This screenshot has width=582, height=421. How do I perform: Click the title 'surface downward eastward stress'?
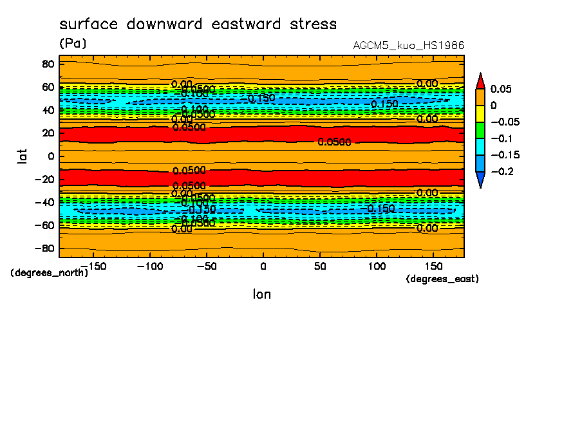point(198,24)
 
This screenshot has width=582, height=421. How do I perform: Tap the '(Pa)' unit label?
point(73,44)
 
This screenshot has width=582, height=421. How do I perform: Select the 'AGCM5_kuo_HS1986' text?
point(409,46)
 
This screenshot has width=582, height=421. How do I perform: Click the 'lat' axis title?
point(23,156)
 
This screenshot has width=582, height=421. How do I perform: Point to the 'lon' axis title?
point(261,294)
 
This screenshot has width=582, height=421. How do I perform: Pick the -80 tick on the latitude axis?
point(45,248)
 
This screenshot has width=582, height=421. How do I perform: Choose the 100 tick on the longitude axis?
point(377,265)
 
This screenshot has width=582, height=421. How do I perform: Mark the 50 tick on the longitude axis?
point(320,265)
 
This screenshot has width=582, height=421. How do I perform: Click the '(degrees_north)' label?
point(50,273)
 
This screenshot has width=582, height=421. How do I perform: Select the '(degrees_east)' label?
point(442,279)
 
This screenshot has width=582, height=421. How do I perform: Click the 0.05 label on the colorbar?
point(501,89)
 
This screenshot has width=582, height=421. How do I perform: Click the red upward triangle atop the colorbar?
point(480,81)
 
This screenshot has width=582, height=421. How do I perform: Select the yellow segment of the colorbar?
point(480,113)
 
